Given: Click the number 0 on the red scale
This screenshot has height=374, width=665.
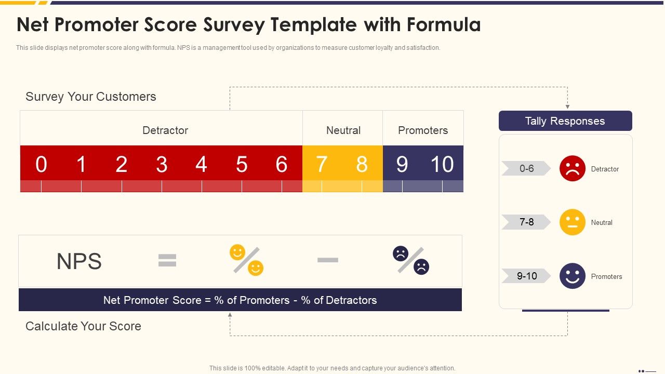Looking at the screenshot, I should tap(41, 164).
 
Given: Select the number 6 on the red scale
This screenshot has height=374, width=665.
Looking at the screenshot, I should tap(282, 164).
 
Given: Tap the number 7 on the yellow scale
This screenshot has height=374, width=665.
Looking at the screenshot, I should tap(322, 164).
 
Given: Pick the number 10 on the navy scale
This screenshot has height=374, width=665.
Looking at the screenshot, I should tap(442, 164).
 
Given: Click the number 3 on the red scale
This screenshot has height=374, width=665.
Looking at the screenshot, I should tap(162, 164).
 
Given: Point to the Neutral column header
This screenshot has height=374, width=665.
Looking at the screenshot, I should tap(343, 130).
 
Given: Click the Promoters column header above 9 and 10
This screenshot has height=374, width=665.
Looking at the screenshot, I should tap(423, 130).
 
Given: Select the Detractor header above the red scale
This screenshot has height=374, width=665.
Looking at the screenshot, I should tap(165, 130).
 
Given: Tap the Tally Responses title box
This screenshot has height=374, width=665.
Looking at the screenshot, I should tap(565, 121).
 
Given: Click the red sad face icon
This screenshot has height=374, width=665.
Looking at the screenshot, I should tap(573, 168).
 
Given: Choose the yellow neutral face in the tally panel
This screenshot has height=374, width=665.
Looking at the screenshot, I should tap(573, 222).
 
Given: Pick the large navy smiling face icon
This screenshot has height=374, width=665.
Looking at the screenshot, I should tap(573, 276).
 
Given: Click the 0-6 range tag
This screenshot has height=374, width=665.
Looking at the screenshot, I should tap(526, 168).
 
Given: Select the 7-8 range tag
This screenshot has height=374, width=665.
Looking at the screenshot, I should tap(526, 222).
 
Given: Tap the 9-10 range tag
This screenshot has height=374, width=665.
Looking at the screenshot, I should tap(526, 276).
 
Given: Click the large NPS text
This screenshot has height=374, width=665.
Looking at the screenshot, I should tap(79, 261).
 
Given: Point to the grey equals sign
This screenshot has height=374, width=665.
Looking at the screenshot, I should tap(167, 261).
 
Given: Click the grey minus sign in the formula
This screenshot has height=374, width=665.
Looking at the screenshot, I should tap(328, 260).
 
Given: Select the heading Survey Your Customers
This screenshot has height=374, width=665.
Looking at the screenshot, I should tap(91, 97).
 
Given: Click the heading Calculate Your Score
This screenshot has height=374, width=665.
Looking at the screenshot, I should tap(83, 326).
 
